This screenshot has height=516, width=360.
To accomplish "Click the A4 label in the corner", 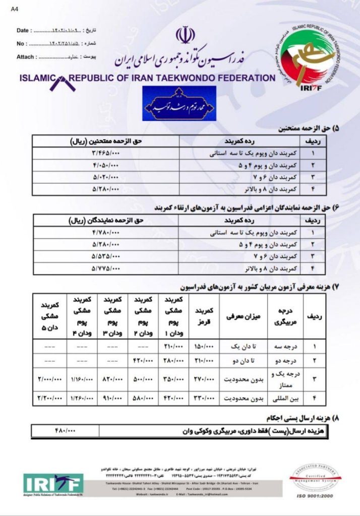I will [14, 9].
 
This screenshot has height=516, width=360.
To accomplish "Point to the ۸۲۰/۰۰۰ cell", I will [112, 379].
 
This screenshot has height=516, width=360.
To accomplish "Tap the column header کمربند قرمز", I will [203, 316].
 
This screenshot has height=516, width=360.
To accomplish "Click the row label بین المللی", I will [284, 398].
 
